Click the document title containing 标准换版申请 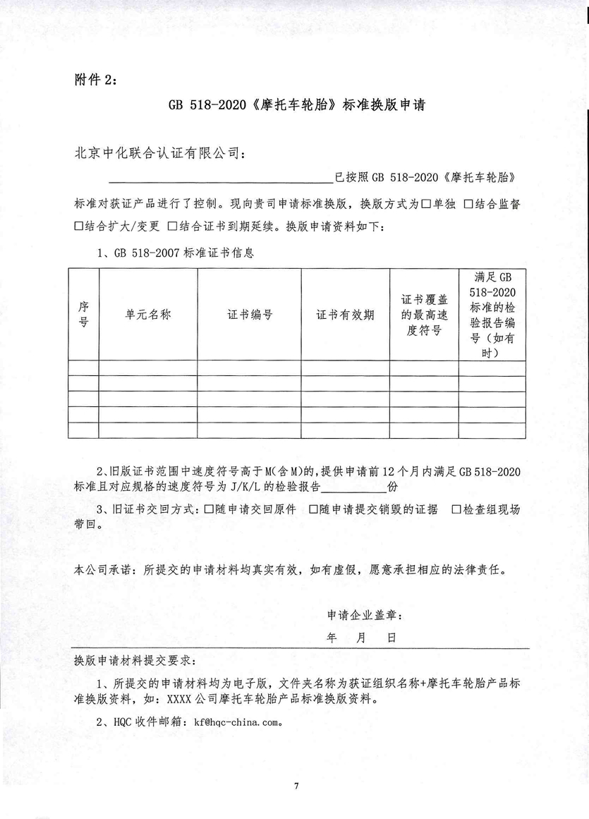295,106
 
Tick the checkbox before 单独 426,205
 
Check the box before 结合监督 468,205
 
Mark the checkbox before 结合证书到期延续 172,227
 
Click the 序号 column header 83,315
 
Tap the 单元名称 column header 148,315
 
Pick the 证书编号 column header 250,315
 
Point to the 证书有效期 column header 346,315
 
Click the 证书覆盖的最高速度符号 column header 424,315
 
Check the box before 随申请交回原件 208,510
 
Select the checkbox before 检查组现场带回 456,510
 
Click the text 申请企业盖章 365,615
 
